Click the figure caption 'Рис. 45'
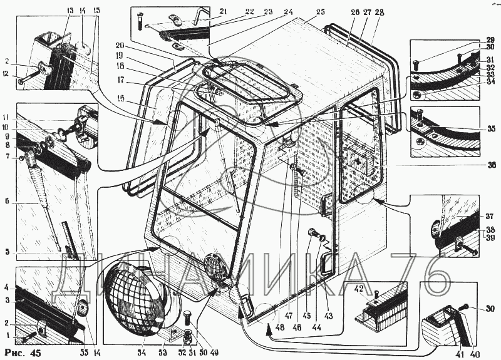(x=23, y=352)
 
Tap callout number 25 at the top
(x=321, y=12)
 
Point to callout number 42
(x=359, y=290)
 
